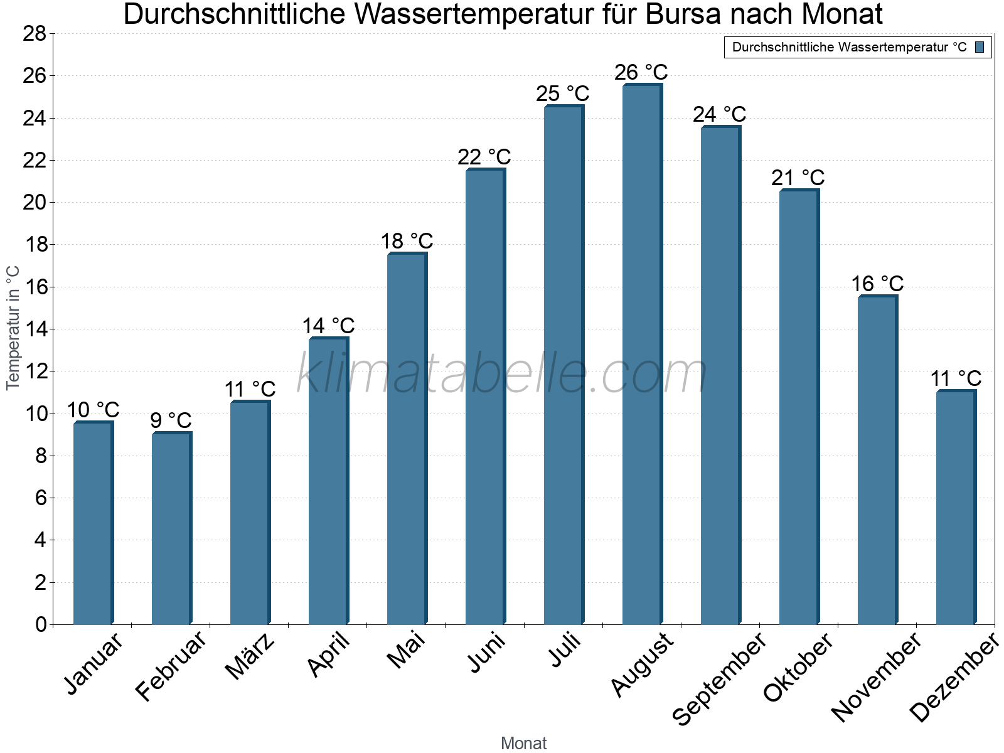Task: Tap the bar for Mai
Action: [407, 439]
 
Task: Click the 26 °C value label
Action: [641, 73]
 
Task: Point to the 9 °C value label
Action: [171, 420]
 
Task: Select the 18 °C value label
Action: [407, 241]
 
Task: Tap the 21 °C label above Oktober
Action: [798, 178]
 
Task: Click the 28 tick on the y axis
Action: [35, 33]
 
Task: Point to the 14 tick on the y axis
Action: [35, 329]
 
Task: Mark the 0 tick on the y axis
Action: [41, 624]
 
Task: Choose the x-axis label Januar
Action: [93, 665]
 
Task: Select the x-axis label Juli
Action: [565, 651]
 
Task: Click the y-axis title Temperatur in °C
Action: [13, 328]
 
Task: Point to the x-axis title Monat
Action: [523, 744]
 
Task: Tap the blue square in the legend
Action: [980, 47]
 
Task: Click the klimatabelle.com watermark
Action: [502, 373]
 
